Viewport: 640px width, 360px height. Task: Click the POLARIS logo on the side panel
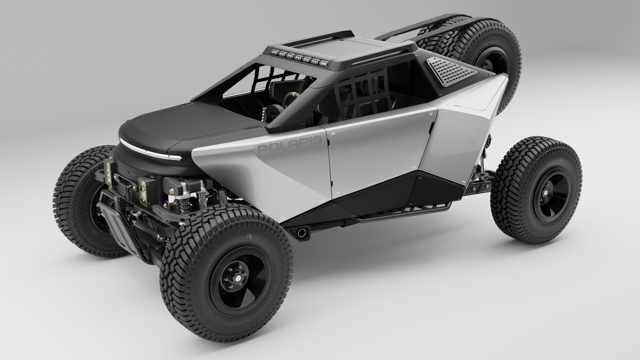click(290, 145)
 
